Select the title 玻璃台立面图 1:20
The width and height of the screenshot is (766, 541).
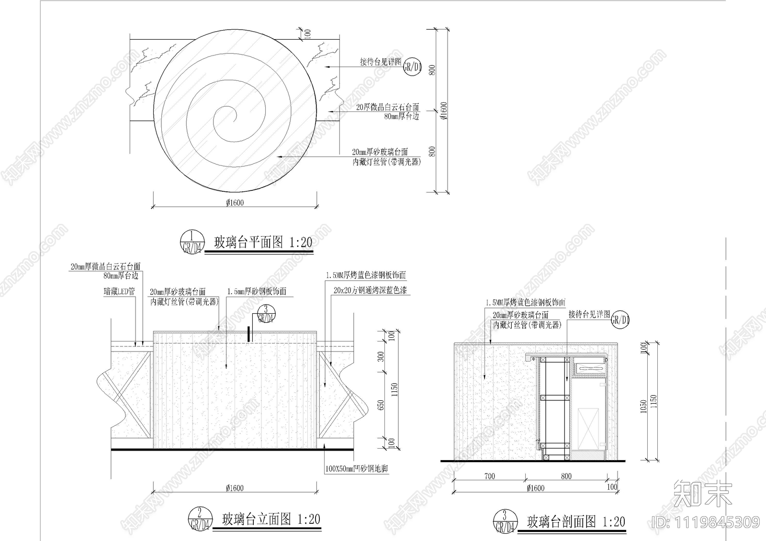(271, 519)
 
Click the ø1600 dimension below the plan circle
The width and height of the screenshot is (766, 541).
(235, 202)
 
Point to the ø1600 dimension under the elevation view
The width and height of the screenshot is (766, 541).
(235, 488)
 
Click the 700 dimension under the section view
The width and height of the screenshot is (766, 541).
(489, 476)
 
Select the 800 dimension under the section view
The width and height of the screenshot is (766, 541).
(566, 476)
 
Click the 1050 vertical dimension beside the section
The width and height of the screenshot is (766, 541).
(644, 406)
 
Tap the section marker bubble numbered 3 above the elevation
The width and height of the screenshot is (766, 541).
(266, 314)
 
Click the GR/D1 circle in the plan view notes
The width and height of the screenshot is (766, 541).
(412, 67)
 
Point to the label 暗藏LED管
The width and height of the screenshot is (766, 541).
(119, 291)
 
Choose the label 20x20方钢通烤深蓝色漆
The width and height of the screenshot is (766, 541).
(371, 290)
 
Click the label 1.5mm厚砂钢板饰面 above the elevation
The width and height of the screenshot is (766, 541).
(257, 291)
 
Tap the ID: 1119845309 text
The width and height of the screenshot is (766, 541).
(706, 521)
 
